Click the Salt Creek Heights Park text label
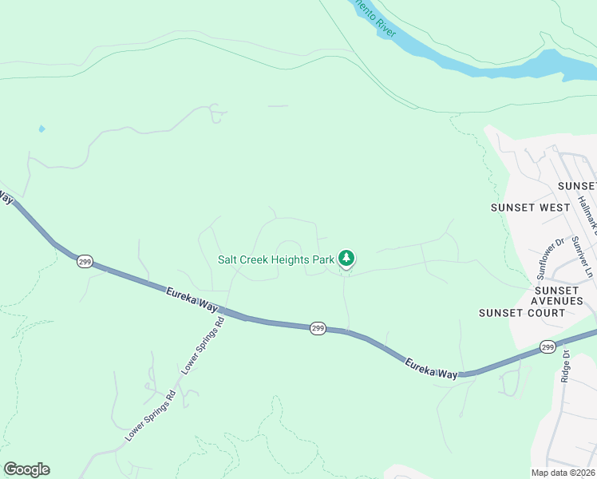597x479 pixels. coord(276,259)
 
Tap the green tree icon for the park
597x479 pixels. coord(346,258)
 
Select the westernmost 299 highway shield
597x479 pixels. coord(85,261)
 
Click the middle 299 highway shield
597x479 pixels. coord(318,328)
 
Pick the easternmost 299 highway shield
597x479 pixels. coord(547,346)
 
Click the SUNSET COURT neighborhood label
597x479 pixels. coord(522,312)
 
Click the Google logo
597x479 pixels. coord(26,469)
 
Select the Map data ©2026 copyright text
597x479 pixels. coord(563,473)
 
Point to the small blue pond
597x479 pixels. coord(42,129)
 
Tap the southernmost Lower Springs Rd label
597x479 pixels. coord(149,417)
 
